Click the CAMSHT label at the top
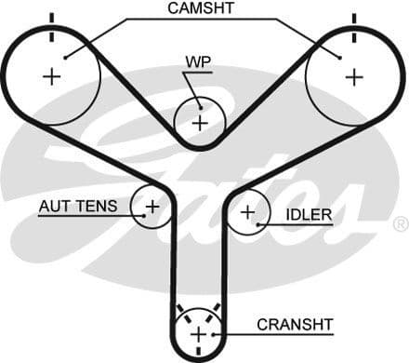pyautogui.click(x=202, y=8)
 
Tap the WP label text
pyautogui.click(x=198, y=62)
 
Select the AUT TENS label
pyautogui.click(x=78, y=206)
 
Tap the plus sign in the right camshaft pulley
pyautogui.click(x=353, y=76)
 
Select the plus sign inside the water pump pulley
pyautogui.click(x=199, y=122)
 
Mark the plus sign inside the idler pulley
pyautogui.click(x=247, y=213)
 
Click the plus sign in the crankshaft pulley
pyautogui.click(x=197, y=334)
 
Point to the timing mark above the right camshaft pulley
pyautogui.click(x=353, y=19)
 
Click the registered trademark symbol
pyautogui.click(x=400, y=224)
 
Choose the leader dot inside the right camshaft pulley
pyautogui.click(x=341, y=58)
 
